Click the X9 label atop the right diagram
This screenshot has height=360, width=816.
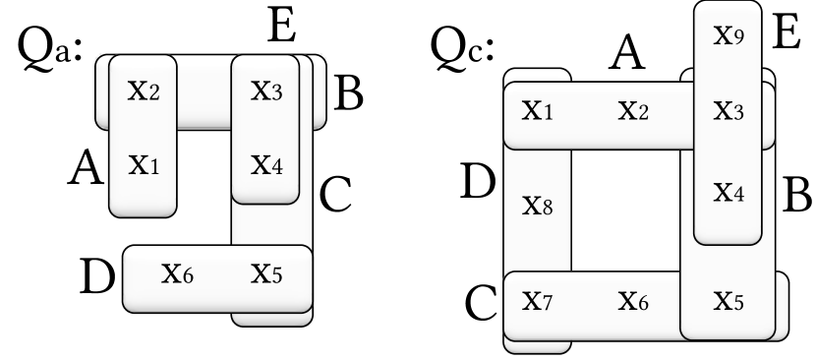pos(728,36)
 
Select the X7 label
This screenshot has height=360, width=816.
pos(537,299)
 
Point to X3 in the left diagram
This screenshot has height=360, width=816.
pos(266,91)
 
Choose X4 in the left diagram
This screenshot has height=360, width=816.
pos(266,163)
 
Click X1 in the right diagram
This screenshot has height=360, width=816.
pos(537,110)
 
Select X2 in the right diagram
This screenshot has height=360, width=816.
pos(633,110)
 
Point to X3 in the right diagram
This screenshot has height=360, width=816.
pos(728,110)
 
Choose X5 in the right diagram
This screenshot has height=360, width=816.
pos(728,299)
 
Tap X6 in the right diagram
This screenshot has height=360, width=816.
pos(633,299)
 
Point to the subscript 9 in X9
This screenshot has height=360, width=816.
pos(738,40)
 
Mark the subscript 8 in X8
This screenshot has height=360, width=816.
pos(549,210)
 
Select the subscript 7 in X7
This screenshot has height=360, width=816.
pos(548,303)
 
